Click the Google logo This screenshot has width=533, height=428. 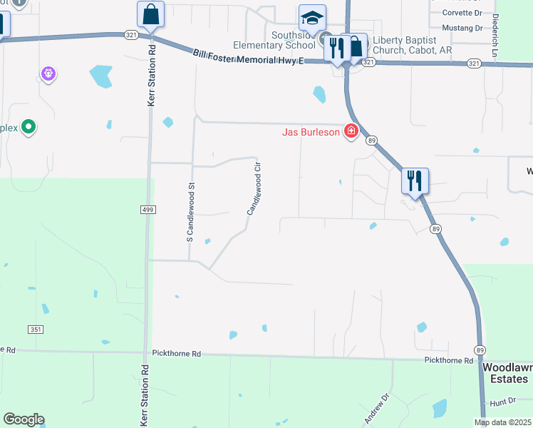click(x=24, y=419)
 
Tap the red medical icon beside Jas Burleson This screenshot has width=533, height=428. click(x=351, y=132)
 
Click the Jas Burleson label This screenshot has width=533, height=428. click(x=310, y=133)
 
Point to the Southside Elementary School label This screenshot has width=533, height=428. click(x=274, y=40)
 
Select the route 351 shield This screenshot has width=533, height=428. click(x=36, y=329)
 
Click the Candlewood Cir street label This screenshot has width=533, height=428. click(x=254, y=188)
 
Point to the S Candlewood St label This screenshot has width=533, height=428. click(x=190, y=213)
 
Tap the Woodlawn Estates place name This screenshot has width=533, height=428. click(x=507, y=373)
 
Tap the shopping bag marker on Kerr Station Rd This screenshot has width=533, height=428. click(x=150, y=14)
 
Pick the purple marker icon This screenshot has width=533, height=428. click(x=48, y=73)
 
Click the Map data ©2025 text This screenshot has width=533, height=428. click(x=503, y=422)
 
